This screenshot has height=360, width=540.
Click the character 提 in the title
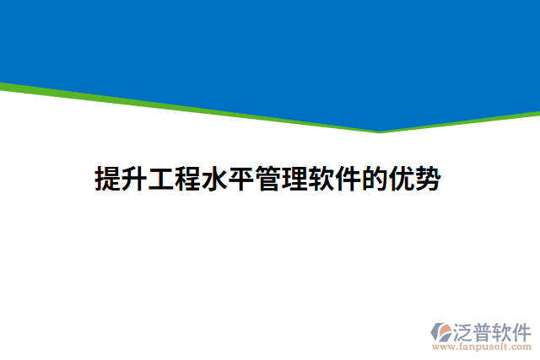[x=107, y=180]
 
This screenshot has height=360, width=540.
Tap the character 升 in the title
[x=134, y=180]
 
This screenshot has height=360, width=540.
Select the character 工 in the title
[x=160, y=180]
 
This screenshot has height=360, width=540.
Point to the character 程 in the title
[x=187, y=180]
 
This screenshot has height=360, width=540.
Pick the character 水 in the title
[x=213, y=180]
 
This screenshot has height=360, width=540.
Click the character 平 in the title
[x=240, y=180]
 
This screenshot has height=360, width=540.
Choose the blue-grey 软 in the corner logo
[x=507, y=329]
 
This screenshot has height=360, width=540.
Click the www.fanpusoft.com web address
[x=482, y=347]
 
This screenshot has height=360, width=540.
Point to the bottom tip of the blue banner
[x=379, y=130]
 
